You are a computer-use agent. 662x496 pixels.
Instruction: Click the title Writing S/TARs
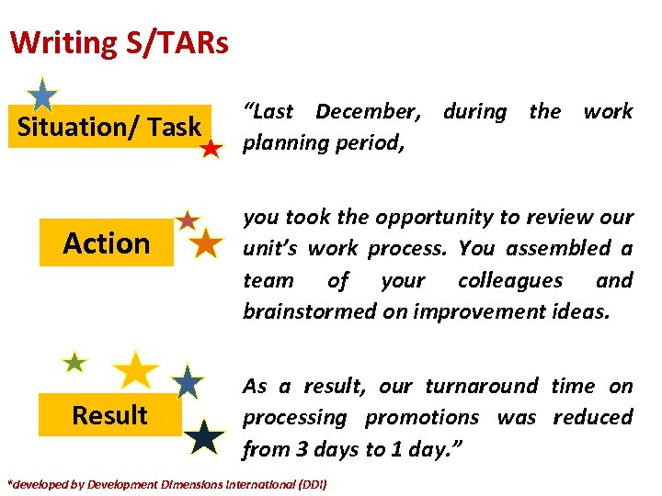[x=120, y=42]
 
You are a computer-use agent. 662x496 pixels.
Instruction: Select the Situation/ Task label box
[x=109, y=127]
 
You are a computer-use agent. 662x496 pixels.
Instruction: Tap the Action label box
[x=106, y=243]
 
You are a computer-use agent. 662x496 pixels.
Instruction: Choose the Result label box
[x=109, y=415]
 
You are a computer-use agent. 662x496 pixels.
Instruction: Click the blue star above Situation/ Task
[x=42, y=96]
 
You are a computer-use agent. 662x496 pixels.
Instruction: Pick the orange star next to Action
[x=206, y=244]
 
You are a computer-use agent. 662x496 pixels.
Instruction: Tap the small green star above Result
[x=74, y=363]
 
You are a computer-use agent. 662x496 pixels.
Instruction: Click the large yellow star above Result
[x=136, y=369]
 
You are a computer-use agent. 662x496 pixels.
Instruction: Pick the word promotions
[x=421, y=418]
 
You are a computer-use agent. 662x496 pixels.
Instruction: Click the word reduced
[x=592, y=418]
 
